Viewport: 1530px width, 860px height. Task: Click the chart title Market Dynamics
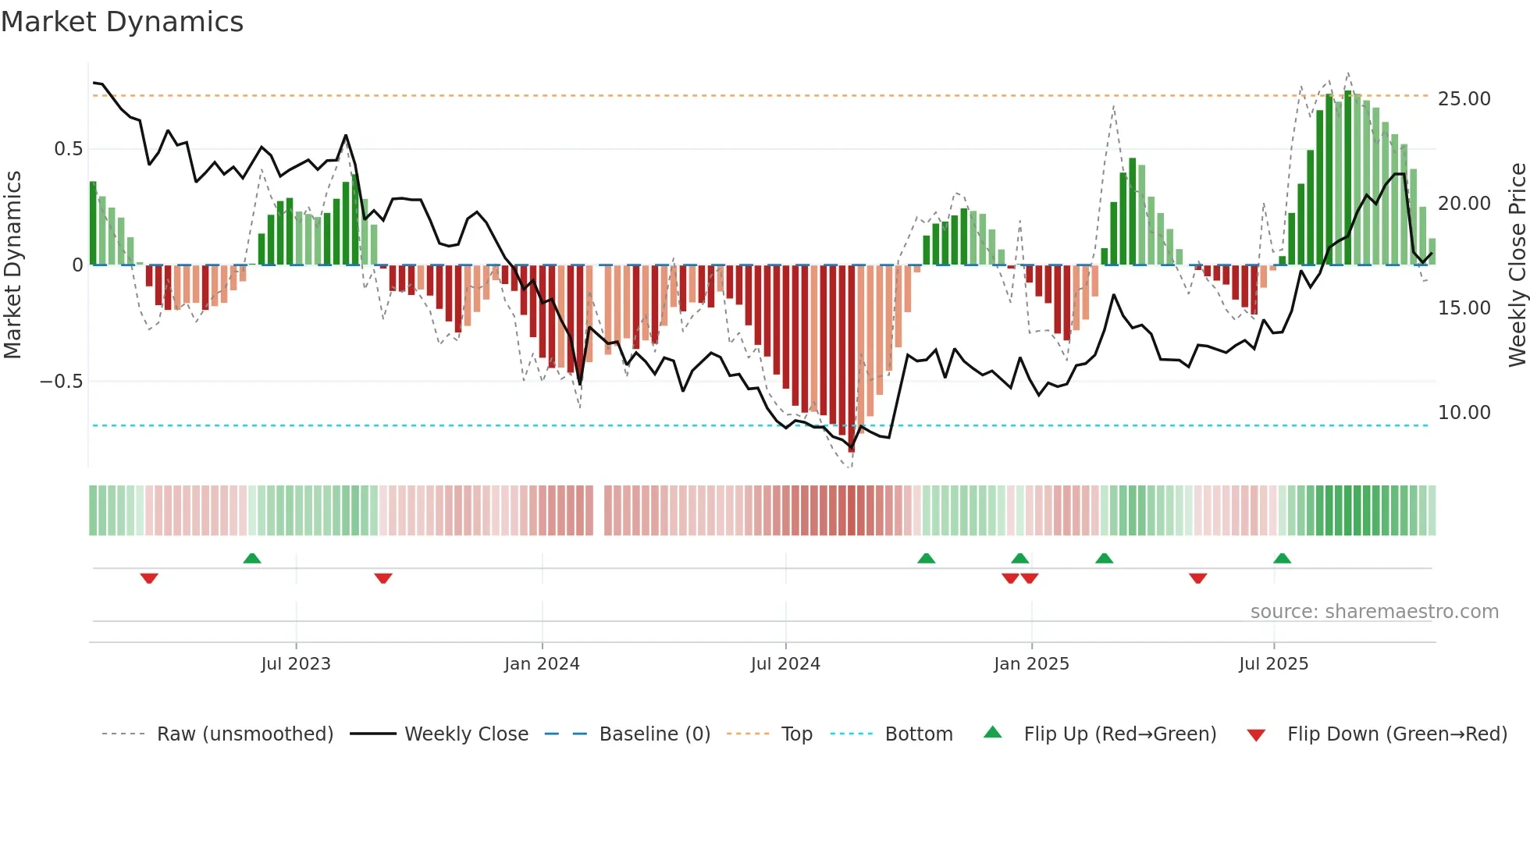[122, 22]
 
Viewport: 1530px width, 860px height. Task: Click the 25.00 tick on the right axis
[1464, 99]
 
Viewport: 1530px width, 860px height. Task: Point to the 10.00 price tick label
[1464, 413]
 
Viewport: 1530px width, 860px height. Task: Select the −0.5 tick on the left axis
[61, 382]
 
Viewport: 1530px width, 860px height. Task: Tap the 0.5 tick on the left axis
[68, 149]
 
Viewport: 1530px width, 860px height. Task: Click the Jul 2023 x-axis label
[296, 664]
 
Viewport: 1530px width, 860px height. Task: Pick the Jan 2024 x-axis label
[542, 664]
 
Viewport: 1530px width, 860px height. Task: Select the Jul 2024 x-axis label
[785, 664]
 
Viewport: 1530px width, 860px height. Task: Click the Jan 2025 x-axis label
[1031, 664]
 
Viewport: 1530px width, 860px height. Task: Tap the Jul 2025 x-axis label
[1273, 664]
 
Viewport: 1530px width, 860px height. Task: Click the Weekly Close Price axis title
[1517, 265]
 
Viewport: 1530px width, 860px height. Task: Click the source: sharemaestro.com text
[1374, 612]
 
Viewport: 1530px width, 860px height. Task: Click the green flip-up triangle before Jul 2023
[251, 559]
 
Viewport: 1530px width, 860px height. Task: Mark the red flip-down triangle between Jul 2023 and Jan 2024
[382, 578]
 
